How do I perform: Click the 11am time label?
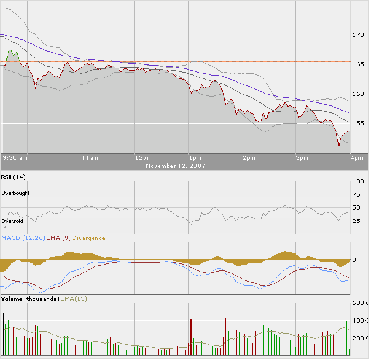pos(90,158)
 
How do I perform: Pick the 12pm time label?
pos(143,158)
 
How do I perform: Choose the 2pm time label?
pos(248,158)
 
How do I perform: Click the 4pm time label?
pos(356,158)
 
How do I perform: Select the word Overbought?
pos(15,193)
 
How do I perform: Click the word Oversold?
pos(13,221)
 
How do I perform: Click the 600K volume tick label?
pos(359,303)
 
